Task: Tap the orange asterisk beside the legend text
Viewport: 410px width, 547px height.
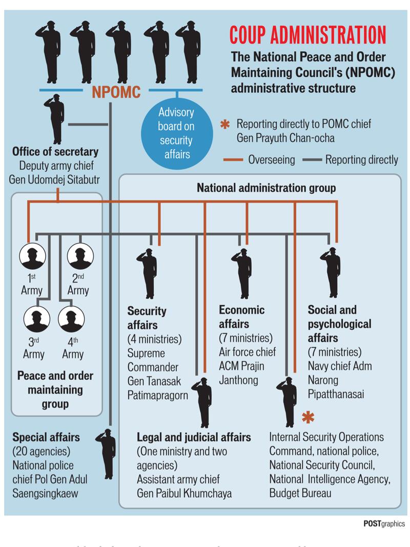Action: (x=224, y=125)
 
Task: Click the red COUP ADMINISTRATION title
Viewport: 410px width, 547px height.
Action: (x=307, y=35)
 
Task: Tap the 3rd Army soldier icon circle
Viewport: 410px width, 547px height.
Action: (x=36, y=320)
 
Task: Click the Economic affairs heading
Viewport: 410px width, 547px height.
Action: (x=241, y=317)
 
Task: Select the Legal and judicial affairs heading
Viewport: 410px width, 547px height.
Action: (x=194, y=437)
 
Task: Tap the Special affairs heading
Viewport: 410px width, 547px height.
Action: (x=46, y=437)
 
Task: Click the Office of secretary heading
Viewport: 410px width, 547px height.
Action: (x=55, y=152)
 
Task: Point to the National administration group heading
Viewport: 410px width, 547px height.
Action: (x=266, y=188)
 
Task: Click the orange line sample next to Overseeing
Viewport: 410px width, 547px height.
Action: (x=234, y=160)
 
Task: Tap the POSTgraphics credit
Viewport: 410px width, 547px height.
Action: (x=384, y=523)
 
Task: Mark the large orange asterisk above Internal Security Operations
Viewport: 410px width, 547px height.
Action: (x=307, y=418)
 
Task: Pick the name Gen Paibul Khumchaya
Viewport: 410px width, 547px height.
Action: (x=184, y=494)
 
